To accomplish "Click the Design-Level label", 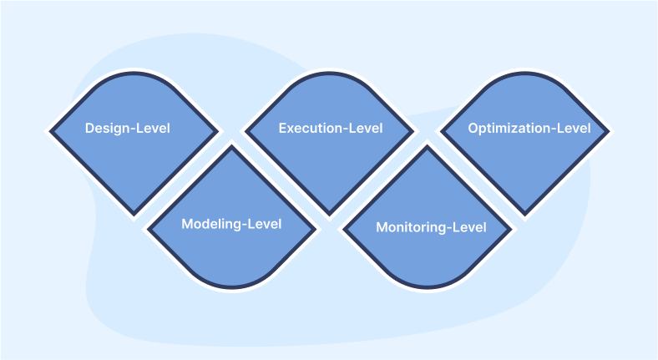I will tap(127, 129).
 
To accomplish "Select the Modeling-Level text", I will tap(231, 224).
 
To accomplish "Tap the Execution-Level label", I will tap(331, 129).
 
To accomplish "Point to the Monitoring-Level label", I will tap(431, 227).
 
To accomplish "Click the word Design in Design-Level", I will tap(107, 129).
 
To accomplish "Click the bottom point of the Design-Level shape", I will tap(133, 215).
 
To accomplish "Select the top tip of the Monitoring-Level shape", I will tap(428, 148).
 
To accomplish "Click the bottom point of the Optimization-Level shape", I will tap(525, 215).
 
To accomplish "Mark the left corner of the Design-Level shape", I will tap(49, 131).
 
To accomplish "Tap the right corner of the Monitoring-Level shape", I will tap(511, 228).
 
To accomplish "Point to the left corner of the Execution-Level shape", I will tap(245, 131).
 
